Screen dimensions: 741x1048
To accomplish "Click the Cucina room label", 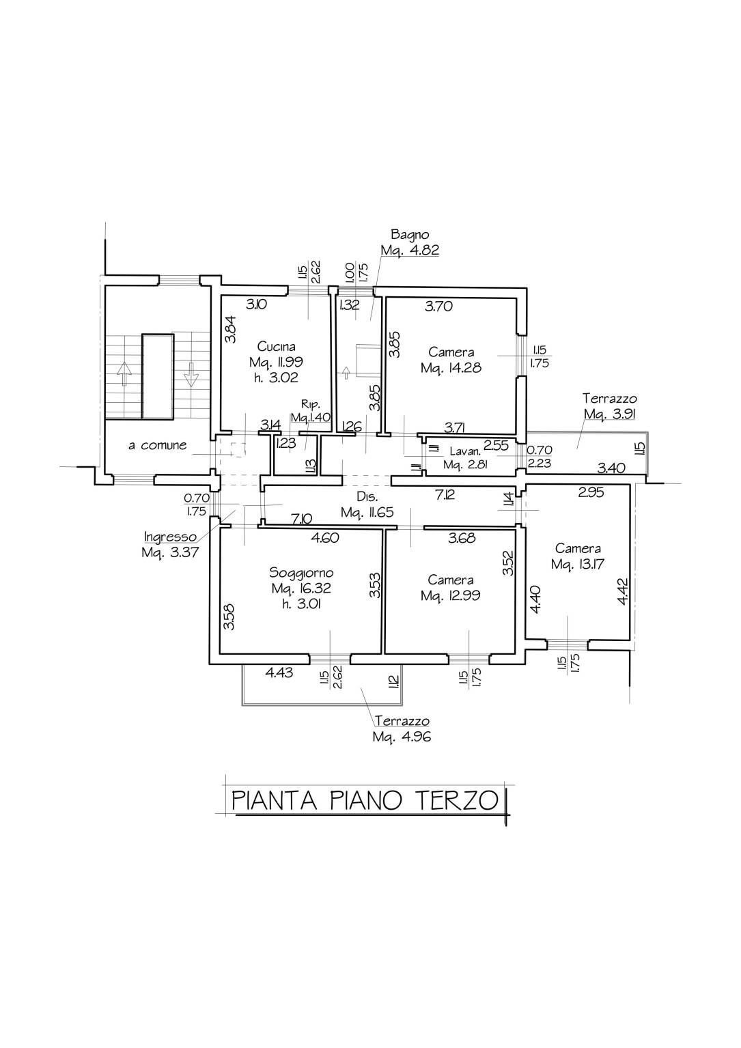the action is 277,347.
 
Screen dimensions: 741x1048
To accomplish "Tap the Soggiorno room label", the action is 301,573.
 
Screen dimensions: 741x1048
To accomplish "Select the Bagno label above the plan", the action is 410,234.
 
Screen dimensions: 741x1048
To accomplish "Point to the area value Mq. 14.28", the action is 451,368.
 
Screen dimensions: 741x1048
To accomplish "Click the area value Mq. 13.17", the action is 578,564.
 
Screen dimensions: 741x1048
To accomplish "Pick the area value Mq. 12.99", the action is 450,596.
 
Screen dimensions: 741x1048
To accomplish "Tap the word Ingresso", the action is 170,537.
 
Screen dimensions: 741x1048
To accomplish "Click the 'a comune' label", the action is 157,445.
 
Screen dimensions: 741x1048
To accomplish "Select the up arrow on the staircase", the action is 124,373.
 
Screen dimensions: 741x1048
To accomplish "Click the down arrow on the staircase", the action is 191,374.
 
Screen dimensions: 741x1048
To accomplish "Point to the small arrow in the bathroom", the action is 346,373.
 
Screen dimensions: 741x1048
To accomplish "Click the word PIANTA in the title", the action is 275,800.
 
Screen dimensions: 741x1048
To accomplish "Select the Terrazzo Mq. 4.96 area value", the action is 402,737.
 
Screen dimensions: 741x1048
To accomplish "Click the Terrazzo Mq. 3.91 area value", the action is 609,414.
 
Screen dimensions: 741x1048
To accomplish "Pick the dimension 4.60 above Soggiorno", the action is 325,538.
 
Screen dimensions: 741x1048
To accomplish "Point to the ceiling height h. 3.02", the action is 276,378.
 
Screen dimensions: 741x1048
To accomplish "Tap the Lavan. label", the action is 465,451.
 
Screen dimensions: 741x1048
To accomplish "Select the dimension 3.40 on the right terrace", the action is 611,468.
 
